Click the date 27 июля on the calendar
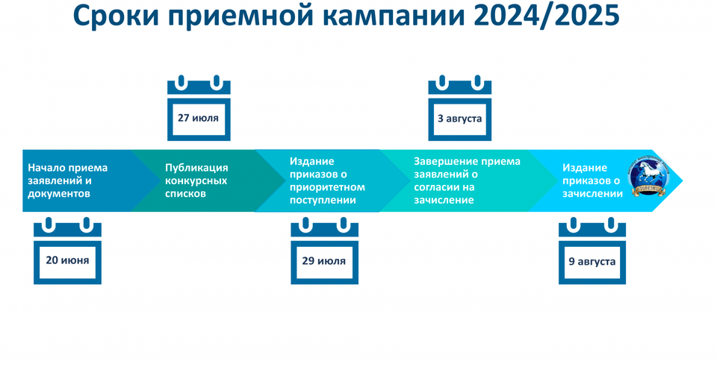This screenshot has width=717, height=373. [x=198, y=118]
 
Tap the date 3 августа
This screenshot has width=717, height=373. [x=459, y=119]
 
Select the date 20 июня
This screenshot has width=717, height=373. [x=67, y=260]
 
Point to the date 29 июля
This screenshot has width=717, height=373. [x=323, y=261]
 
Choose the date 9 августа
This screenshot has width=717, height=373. [x=592, y=262]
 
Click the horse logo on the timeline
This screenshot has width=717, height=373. [x=649, y=177]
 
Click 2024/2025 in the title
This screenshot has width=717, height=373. [x=547, y=16]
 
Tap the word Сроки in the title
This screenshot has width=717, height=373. [x=117, y=16]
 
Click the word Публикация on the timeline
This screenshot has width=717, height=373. [x=196, y=168]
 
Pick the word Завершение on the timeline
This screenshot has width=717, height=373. [x=445, y=161]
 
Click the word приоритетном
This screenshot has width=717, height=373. [x=327, y=187]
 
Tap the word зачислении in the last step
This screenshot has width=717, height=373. [x=592, y=193]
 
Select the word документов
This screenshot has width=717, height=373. [x=59, y=193]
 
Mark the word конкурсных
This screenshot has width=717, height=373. [x=196, y=181]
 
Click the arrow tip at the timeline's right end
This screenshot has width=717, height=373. [x=682, y=181]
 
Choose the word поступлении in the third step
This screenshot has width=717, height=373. [x=323, y=200]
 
